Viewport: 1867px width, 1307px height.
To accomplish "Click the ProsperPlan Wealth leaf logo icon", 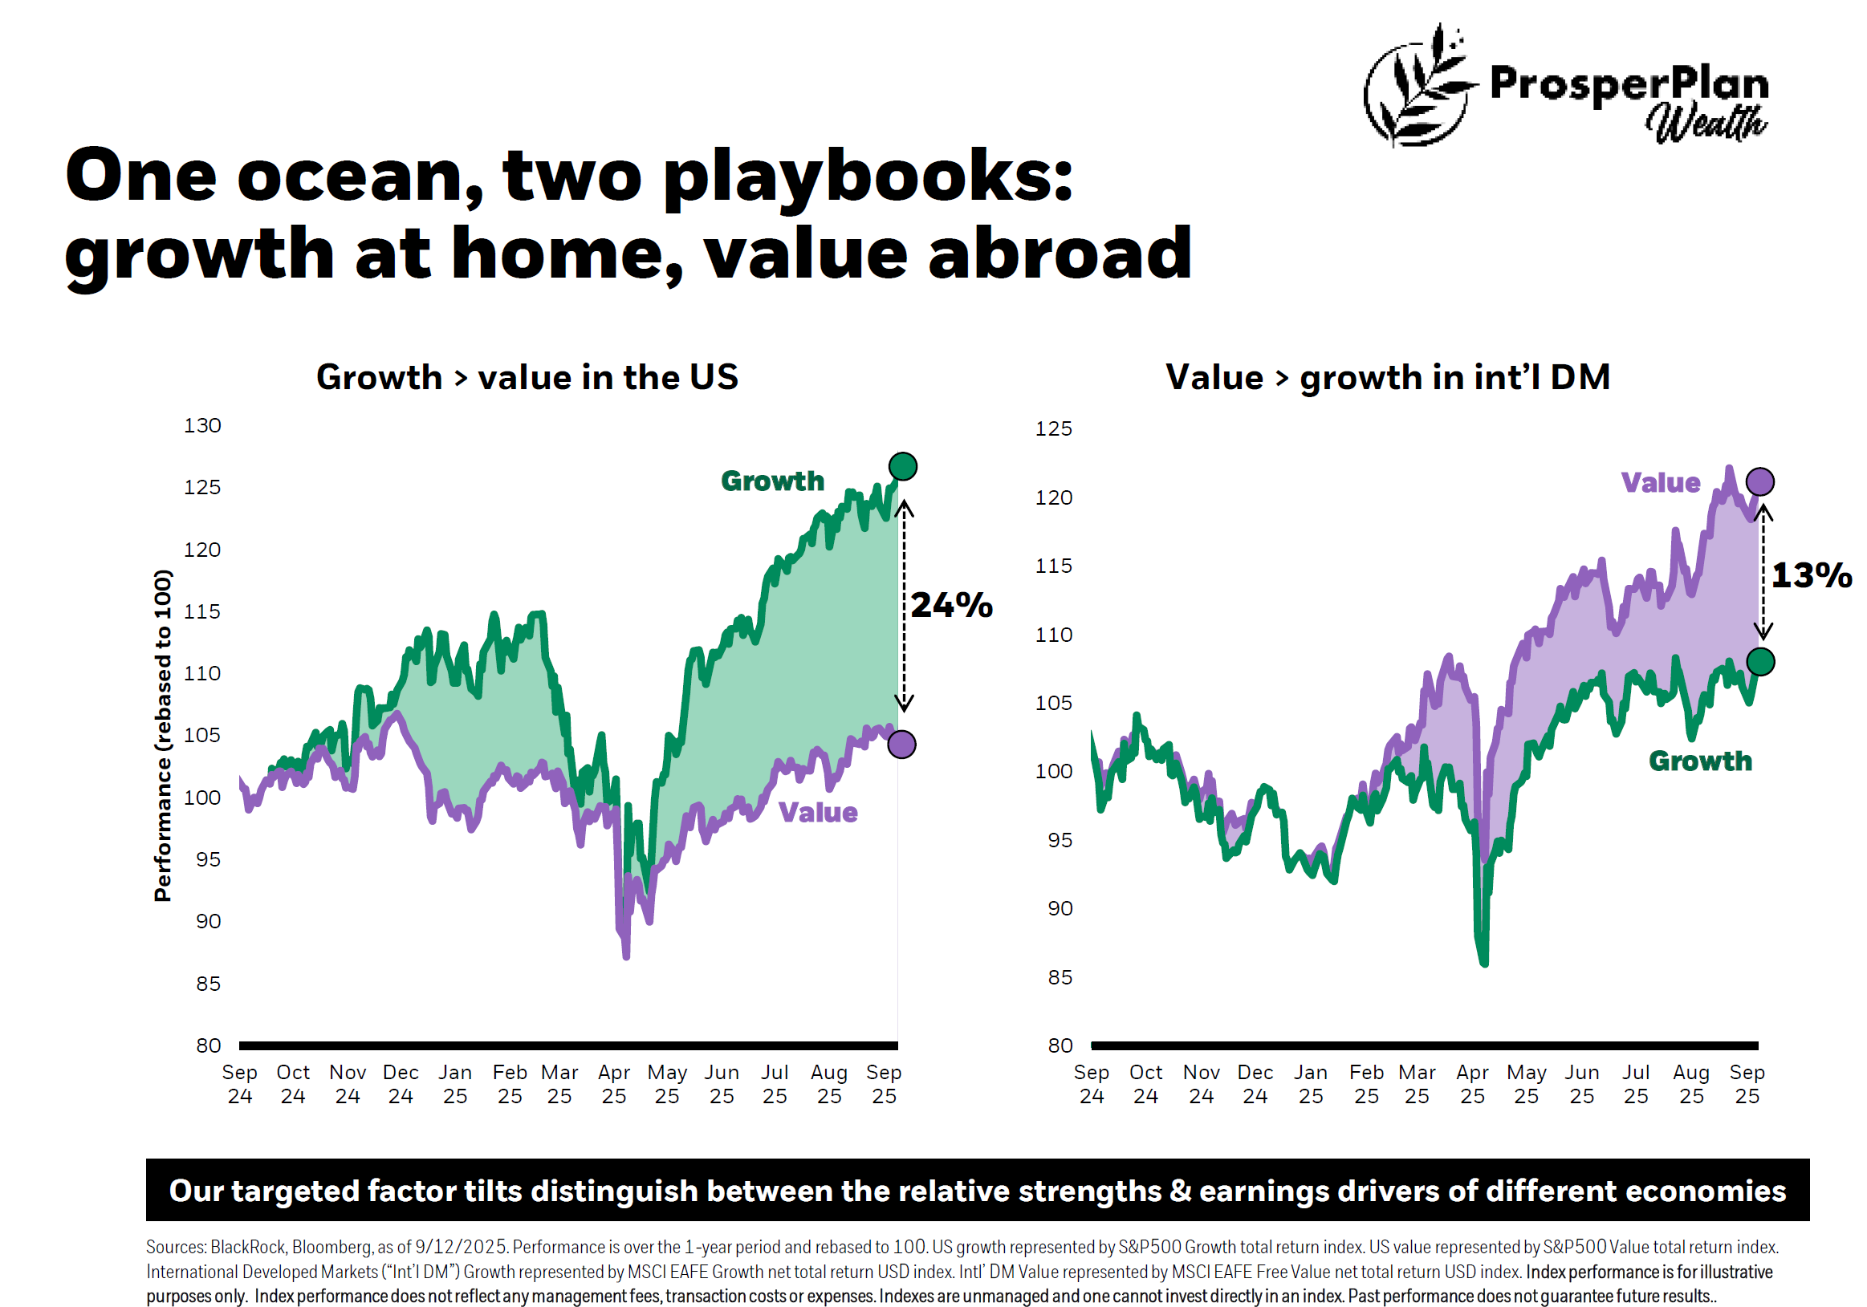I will click(1419, 86).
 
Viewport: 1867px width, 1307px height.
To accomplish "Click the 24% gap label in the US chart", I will click(950, 606).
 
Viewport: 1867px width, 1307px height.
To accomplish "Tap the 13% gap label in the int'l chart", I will click(1811, 575).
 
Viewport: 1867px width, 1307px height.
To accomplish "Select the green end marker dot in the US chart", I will click(903, 466).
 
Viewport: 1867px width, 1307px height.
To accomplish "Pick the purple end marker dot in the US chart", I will click(901, 744).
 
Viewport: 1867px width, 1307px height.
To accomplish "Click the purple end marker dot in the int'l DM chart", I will click(1759, 482).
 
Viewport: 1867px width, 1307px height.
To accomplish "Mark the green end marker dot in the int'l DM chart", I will click(1759, 662).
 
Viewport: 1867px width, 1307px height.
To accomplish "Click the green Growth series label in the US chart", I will click(772, 481).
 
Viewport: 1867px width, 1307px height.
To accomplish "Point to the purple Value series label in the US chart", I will click(817, 812).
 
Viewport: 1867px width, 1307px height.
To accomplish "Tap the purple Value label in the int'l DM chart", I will click(1660, 483).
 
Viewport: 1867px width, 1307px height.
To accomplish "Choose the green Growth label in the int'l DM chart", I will click(1699, 761).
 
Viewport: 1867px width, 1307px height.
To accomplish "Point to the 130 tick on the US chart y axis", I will click(202, 426).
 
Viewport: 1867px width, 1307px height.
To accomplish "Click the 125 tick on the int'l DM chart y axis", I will click(1053, 428).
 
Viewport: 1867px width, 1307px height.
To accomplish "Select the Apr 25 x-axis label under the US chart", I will click(614, 1083).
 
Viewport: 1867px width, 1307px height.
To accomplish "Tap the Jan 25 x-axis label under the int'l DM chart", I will click(1310, 1083).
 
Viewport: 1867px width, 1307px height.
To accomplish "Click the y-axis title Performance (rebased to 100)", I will click(163, 736).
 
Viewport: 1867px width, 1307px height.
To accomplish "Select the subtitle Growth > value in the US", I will click(527, 378).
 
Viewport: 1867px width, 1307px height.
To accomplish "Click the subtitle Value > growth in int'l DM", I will click(1387, 378).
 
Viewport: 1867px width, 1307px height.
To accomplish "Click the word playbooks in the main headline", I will click(868, 177).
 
